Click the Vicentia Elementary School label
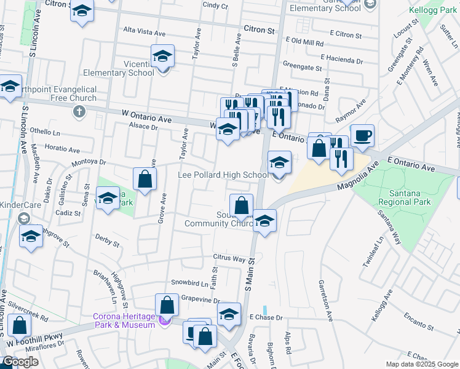point(124,68)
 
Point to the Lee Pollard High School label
point(223,175)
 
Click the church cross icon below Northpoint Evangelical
point(79,112)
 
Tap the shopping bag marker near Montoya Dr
point(145,180)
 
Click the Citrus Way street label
point(229,259)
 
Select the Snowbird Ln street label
point(190,283)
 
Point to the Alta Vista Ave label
point(146,30)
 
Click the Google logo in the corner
point(20,362)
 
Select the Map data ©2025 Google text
point(422,364)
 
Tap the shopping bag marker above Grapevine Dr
point(167,305)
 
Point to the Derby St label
point(107,239)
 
